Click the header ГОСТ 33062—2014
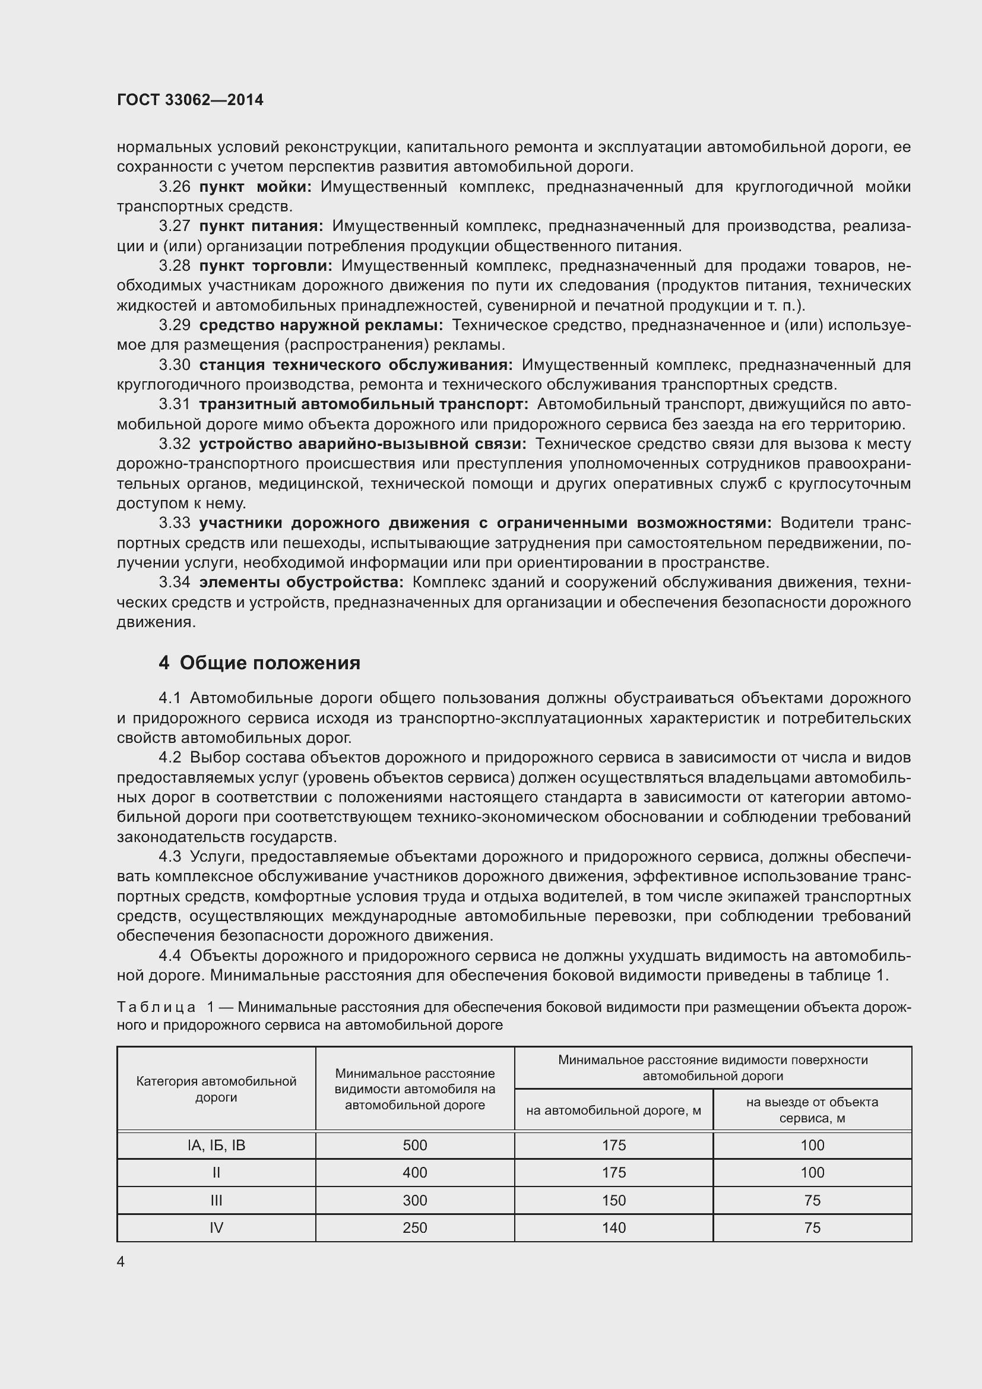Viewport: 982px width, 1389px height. click(x=190, y=100)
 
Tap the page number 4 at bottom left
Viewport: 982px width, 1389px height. click(x=121, y=1261)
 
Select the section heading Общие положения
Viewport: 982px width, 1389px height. click(x=270, y=663)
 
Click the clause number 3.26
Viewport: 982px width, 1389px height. click(x=174, y=187)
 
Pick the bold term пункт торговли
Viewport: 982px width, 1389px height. click(x=265, y=265)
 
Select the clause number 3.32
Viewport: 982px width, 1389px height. click(x=174, y=444)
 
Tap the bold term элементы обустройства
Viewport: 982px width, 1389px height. click(x=301, y=583)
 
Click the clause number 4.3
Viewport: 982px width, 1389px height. click(x=170, y=857)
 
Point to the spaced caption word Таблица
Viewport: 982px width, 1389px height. click(x=156, y=1007)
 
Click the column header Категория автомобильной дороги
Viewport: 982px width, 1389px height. click(x=217, y=1089)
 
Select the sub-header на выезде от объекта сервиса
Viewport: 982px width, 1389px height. click(x=812, y=1109)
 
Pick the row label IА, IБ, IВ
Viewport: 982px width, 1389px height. click(x=217, y=1144)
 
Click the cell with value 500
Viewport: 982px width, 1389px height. click(x=415, y=1144)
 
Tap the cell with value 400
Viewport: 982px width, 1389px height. click(x=415, y=1172)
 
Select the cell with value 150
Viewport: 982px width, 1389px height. click(x=614, y=1200)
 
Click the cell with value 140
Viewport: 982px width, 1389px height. click(x=614, y=1227)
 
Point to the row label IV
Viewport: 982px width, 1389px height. click(x=217, y=1227)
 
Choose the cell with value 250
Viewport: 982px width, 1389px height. click(x=415, y=1227)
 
